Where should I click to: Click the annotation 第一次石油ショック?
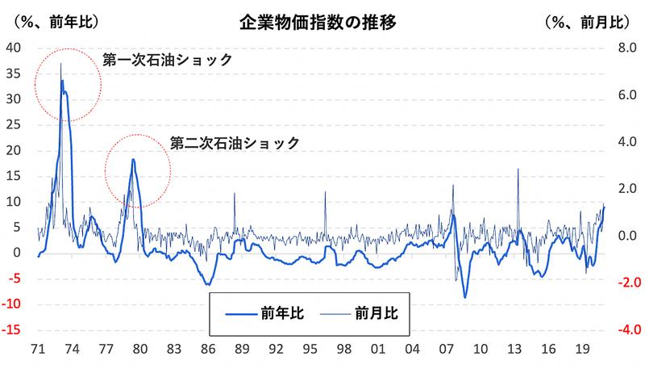pyautogui.click(x=168, y=60)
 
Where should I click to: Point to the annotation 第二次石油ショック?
pyautogui.click(x=235, y=142)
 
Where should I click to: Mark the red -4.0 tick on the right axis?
pyautogui.click(x=626, y=330)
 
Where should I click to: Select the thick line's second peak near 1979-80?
pyautogui.click(x=133, y=159)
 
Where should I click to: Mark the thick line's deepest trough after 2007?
pyautogui.click(x=465, y=297)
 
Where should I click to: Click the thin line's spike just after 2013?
pyautogui.click(x=518, y=169)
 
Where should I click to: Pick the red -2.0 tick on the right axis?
pyautogui.click(x=626, y=283)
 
